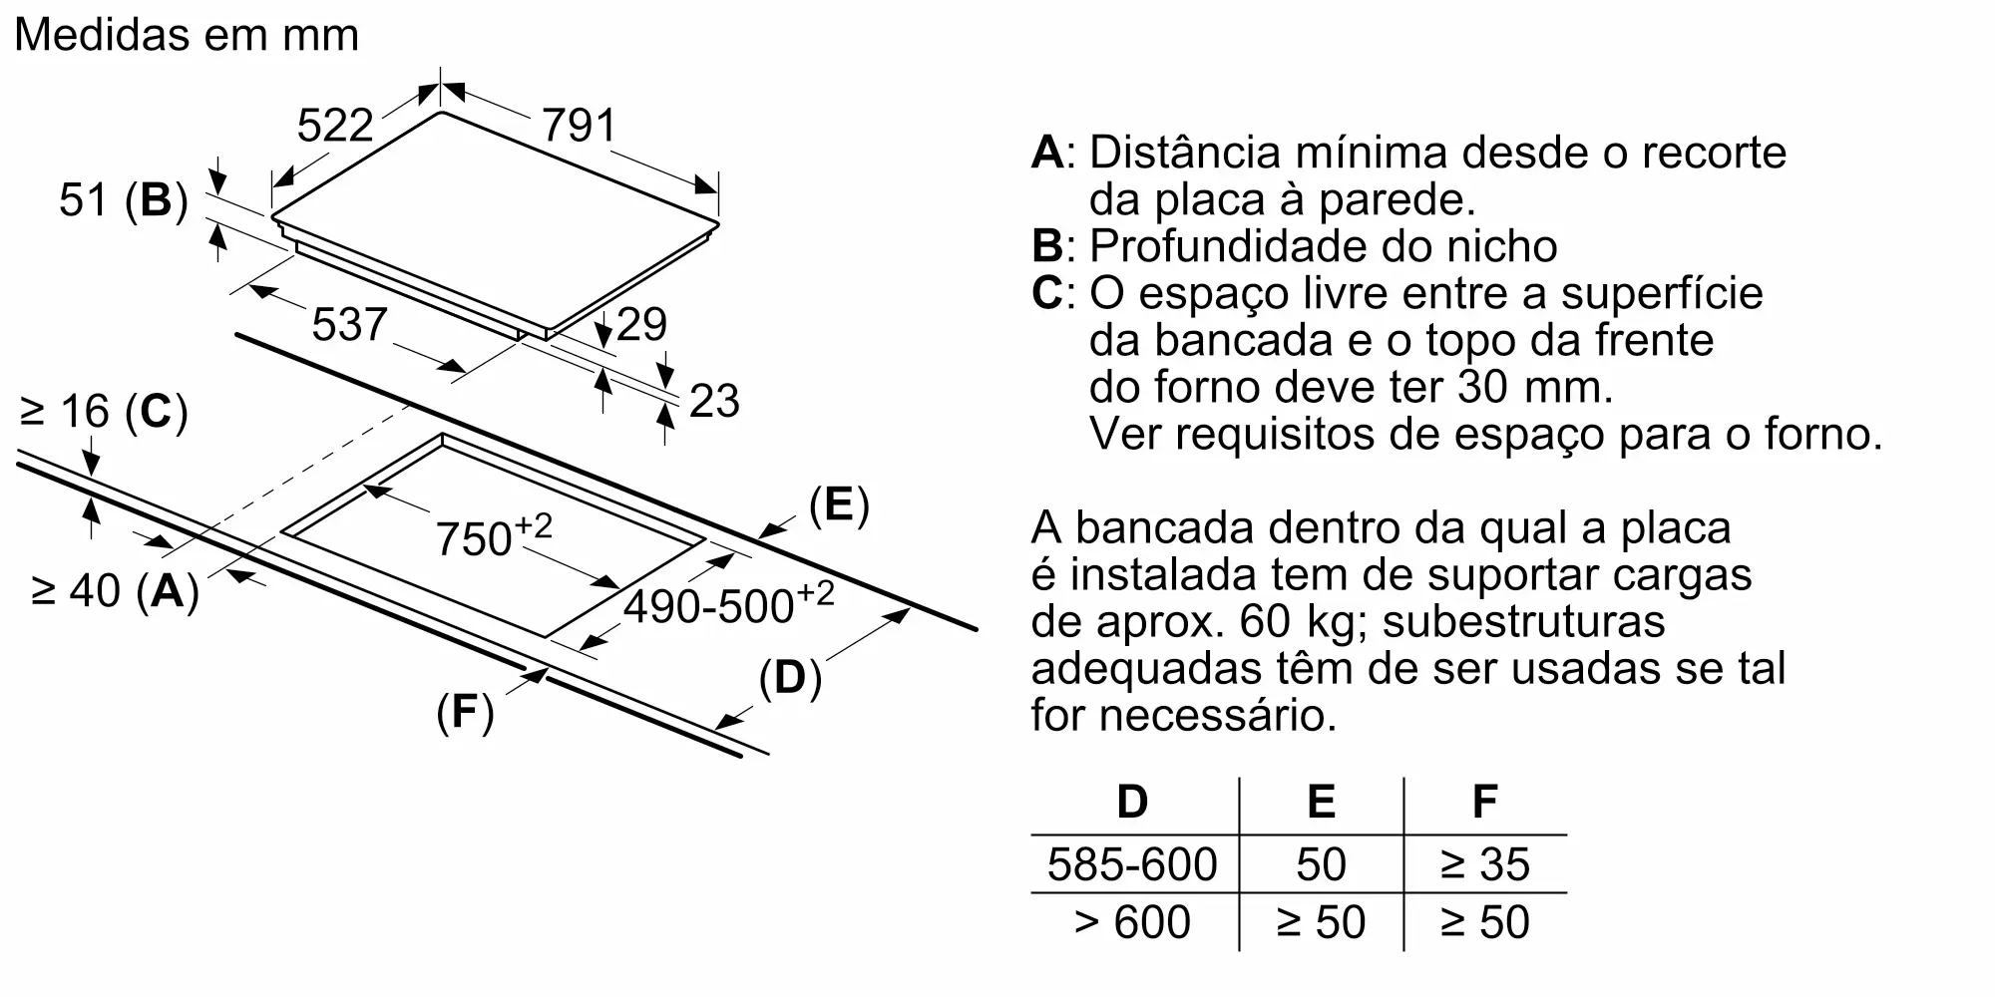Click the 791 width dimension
coord(579,127)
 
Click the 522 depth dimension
coord(335,126)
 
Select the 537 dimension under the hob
coord(349,325)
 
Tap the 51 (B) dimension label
coord(124,200)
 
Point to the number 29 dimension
coord(641,324)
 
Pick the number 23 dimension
coord(714,401)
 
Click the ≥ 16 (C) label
coord(104,412)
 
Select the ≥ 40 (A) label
coord(115,591)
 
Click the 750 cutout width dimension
coord(493,536)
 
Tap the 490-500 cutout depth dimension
coord(728,603)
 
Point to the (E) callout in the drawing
coord(839,506)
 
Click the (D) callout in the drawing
coord(790,679)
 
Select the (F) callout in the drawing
coord(465,713)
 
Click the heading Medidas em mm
coord(187,35)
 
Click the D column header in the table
coord(1132,802)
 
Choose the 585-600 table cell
coord(1132,863)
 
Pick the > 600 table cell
coord(1132,921)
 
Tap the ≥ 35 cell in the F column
coord(1484,863)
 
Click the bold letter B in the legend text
coord(1047,246)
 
